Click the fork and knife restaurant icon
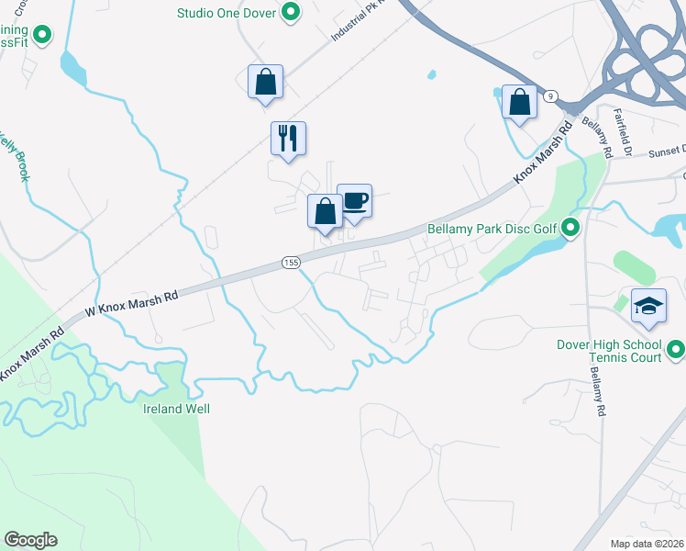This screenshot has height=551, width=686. (288, 139)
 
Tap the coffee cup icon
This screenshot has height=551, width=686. (354, 201)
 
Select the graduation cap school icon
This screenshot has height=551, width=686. (648, 306)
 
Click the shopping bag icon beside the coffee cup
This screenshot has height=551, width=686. (324, 211)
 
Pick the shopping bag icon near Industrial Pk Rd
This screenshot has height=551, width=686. (265, 82)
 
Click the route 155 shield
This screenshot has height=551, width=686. (291, 263)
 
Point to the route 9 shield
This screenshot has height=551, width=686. (550, 96)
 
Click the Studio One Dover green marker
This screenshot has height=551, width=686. (291, 13)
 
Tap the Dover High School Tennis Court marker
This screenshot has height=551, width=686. (676, 350)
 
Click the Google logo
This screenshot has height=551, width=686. (30, 540)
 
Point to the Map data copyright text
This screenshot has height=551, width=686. (647, 544)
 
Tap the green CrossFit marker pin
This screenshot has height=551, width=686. (41, 35)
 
